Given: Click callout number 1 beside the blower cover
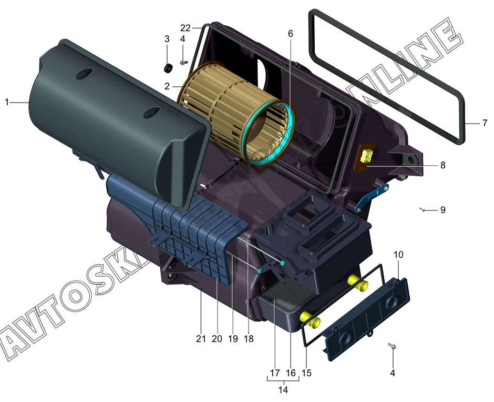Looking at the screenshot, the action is pos(7,102).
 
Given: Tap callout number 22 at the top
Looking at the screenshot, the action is pos(185,28).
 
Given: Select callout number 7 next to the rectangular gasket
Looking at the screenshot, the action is pos(485,123).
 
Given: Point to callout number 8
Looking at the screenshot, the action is pos(442,165).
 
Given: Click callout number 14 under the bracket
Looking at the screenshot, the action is pos(283,390).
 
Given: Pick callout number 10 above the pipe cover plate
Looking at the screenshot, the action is pos(398,254).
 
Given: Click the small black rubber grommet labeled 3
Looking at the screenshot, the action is pos(169,68).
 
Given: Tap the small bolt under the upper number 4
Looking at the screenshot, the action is pos(183,63).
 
